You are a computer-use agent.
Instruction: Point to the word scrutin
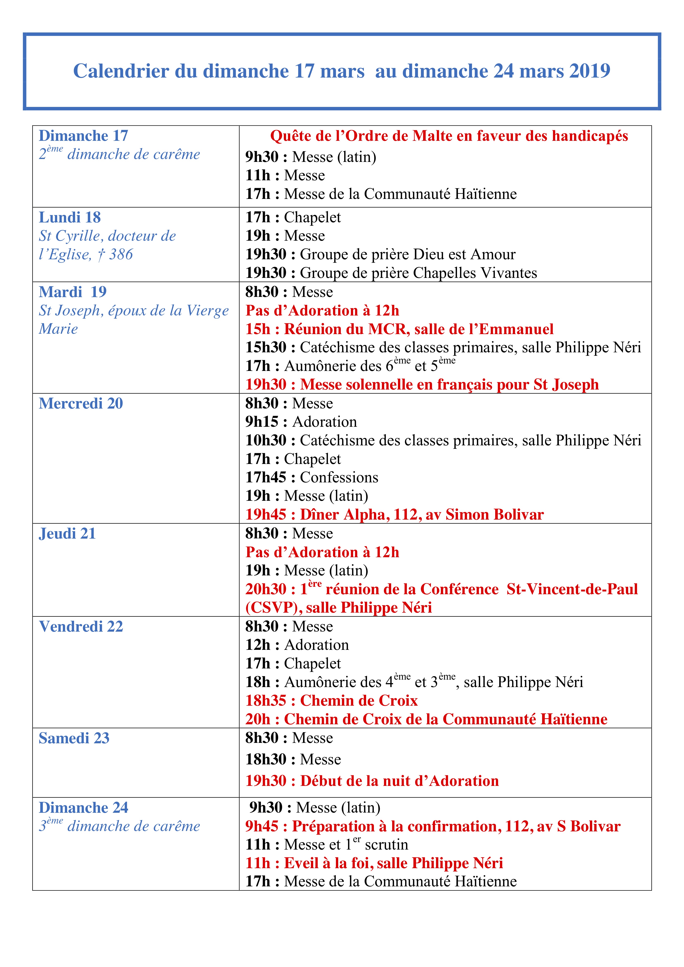[x=386, y=845]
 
